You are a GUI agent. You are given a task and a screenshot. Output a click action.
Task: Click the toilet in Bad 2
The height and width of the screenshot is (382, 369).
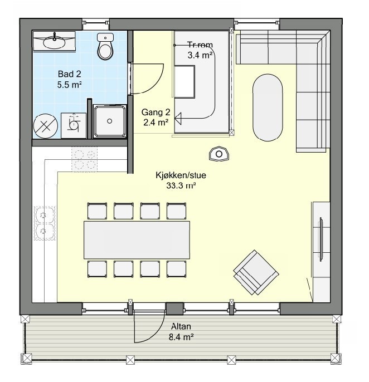point(105,47)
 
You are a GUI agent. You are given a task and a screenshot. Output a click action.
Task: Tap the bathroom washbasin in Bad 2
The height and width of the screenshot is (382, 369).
point(55,40)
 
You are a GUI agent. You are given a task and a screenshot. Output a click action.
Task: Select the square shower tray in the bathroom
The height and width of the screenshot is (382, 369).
point(109,121)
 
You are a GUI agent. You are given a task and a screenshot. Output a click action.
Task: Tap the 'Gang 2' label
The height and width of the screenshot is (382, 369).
point(156,112)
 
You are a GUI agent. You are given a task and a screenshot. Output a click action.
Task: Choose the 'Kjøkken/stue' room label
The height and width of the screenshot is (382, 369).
point(176,175)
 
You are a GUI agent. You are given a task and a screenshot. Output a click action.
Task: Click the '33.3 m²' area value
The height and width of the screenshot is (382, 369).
point(179,186)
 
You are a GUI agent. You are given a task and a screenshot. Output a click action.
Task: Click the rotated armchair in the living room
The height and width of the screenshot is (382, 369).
point(256,272)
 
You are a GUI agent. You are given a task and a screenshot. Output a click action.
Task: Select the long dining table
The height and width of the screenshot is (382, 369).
point(137,239)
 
